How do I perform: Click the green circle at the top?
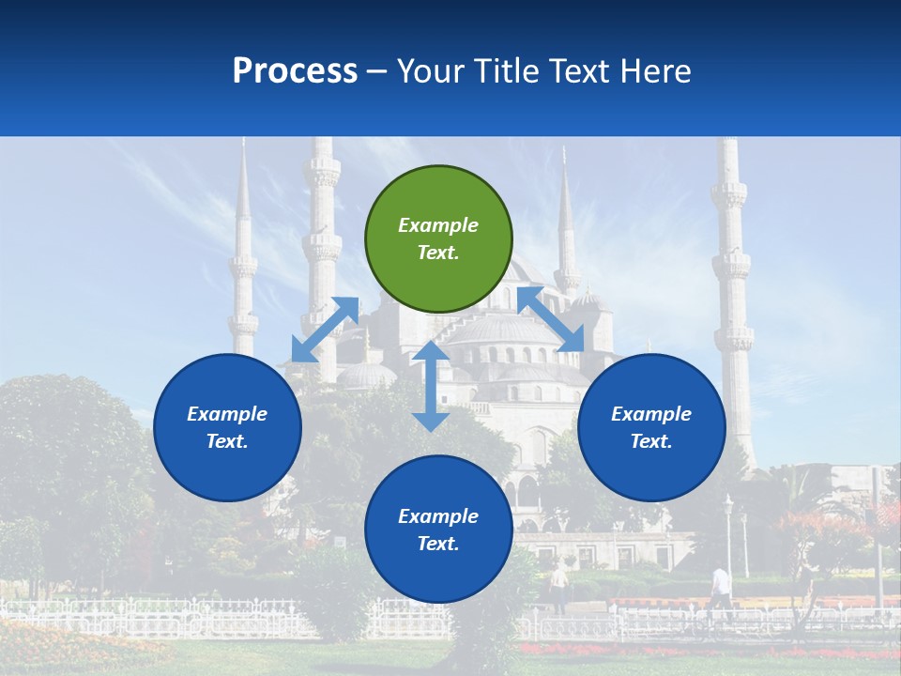[x=438, y=239]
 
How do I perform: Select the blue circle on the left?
[x=227, y=427]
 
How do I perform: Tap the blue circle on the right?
[x=651, y=427]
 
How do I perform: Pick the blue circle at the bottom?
[x=438, y=530]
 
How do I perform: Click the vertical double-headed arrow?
[x=431, y=386]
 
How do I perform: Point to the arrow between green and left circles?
[x=325, y=330]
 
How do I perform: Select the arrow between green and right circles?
[x=551, y=319]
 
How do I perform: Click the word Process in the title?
[x=295, y=70]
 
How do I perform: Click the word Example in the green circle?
[x=438, y=225]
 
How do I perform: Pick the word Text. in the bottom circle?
[x=438, y=544]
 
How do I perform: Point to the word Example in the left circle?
[x=227, y=414]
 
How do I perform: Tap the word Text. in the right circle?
[x=651, y=441]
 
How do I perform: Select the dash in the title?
[x=377, y=71]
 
